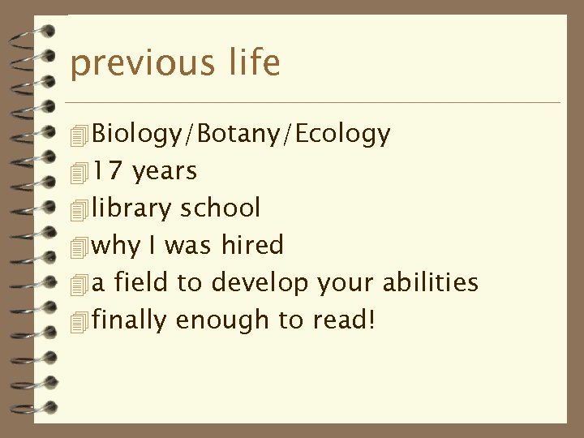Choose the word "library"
click(131, 209)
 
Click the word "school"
click(220, 208)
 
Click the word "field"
click(140, 282)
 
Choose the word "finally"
click(130, 321)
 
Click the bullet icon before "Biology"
click(79, 135)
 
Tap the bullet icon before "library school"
click(79, 209)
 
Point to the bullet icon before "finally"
click(79, 321)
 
